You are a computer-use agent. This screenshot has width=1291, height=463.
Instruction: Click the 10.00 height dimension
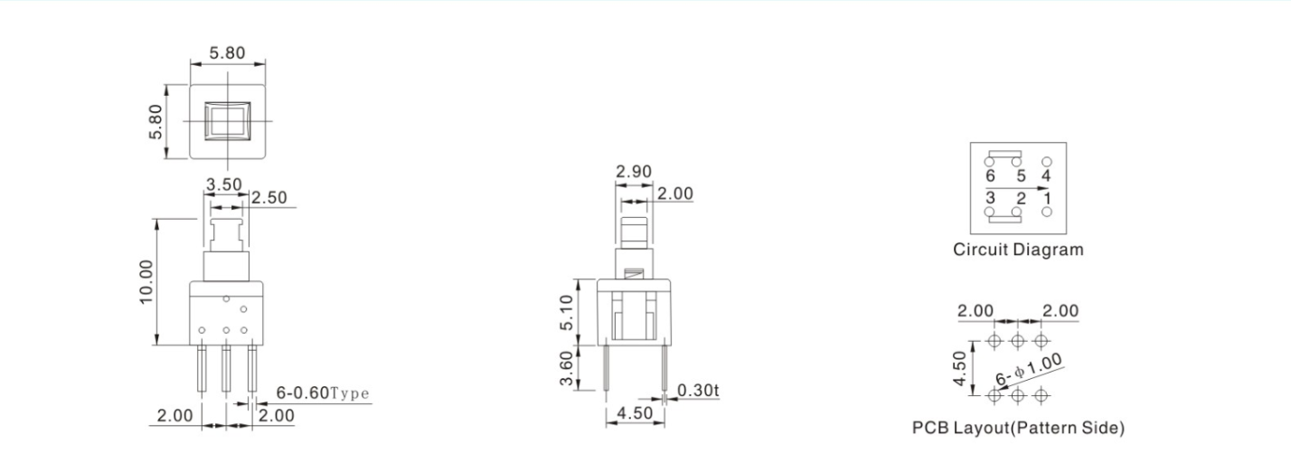tap(146, 281)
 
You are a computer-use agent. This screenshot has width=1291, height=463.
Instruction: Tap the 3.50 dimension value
tap(223, 184)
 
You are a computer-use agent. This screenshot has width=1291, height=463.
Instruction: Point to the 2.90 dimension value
tap(633, 171)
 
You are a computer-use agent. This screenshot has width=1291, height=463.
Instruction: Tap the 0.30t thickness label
tap(698, 390)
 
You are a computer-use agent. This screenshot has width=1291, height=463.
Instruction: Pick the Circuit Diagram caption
tap(1018, 250)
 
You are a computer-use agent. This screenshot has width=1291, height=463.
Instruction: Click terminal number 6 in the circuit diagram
tap(991, 175)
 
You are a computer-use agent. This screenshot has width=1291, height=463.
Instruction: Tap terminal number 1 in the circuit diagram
tap(1047, 197)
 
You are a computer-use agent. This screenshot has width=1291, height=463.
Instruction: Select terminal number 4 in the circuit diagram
tap(1047, 175)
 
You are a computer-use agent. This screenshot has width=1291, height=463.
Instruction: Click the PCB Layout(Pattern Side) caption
tap(1018, 427)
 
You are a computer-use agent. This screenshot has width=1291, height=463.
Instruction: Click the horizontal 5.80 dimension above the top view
tap(227, 52)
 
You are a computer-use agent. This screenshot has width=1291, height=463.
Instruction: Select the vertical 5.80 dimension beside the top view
tap(155, 120)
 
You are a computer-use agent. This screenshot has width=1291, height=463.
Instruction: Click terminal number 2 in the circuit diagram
tap(1020, 197)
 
